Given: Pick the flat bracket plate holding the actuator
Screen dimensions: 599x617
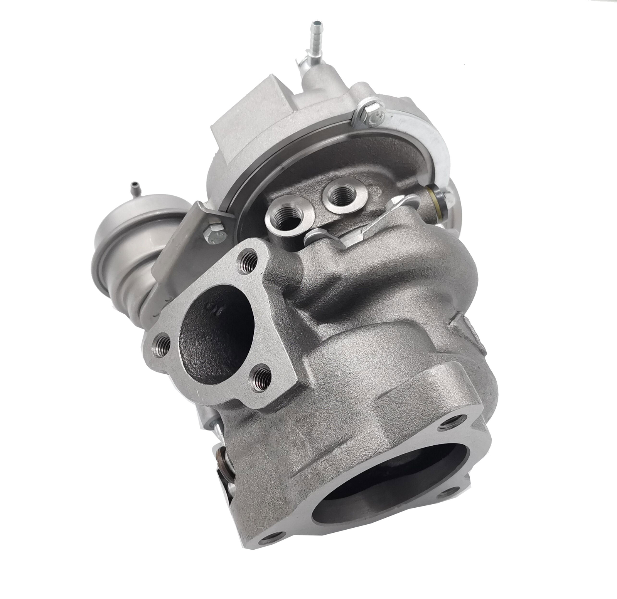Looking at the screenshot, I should tap(181, 247).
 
